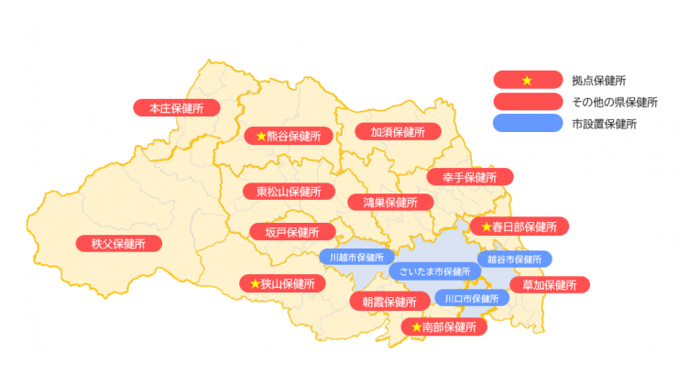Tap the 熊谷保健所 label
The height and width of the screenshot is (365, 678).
click(288, 136)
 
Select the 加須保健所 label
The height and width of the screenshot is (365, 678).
click(390, 132)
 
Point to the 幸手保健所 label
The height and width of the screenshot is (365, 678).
click(470, 176)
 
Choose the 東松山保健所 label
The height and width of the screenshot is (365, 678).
click(288, 192)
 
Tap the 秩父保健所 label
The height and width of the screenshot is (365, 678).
click(118, 244)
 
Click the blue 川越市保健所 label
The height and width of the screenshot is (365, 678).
click(356, 258)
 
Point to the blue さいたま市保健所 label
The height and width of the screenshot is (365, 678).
click(434, 271)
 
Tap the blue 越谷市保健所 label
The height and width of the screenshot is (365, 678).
click(513, 259)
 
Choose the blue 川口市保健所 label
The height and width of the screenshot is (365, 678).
click(471, 298)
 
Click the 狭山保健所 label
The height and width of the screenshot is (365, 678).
click(281, 284)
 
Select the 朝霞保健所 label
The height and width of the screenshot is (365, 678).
click(389, 302)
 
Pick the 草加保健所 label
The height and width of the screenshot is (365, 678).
click(550, 285)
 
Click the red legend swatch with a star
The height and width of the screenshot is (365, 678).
click(526, 80)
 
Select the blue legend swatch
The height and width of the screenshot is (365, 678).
click(526, 122)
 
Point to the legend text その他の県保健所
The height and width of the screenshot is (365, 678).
click(615, 101)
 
